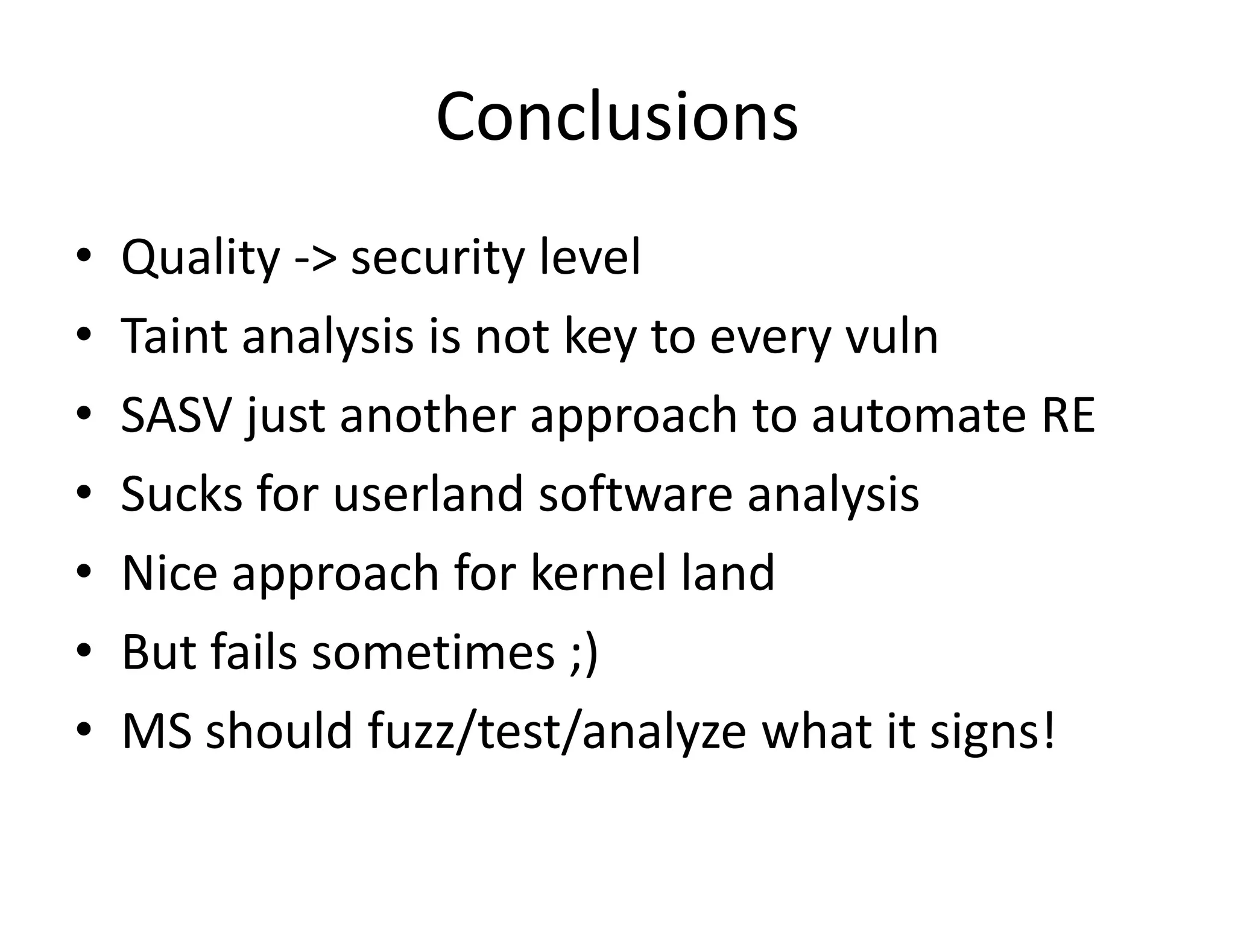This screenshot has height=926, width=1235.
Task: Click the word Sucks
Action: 182,494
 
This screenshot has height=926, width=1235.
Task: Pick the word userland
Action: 428,494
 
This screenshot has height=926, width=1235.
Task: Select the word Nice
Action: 169,573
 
